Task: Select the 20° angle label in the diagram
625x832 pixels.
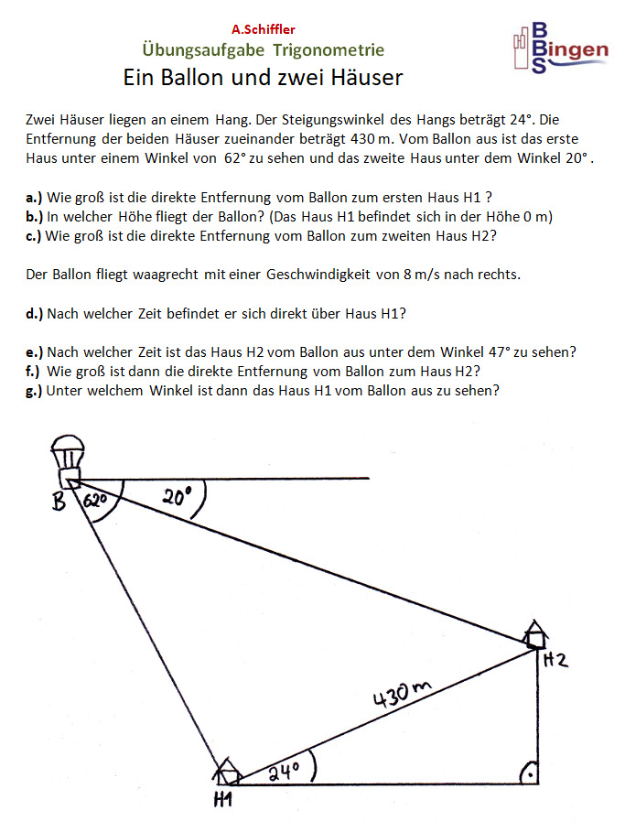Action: coord(178,498)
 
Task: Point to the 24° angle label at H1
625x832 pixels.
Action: coord(285,771)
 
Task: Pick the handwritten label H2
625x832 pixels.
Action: coord(555,660)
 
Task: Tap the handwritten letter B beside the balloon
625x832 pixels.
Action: coord(59,502)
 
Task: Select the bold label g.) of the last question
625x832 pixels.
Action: coord(35,390)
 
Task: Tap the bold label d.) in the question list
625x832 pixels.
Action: coord(35,313)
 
